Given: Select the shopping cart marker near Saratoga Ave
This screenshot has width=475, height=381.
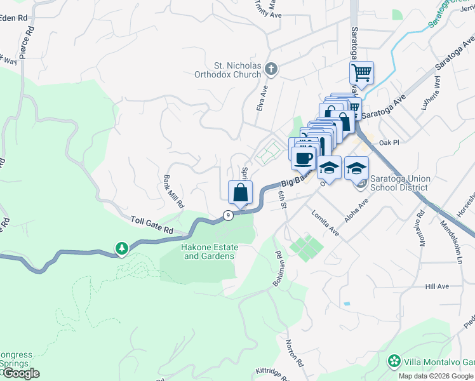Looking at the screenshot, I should click(x=361, y=73).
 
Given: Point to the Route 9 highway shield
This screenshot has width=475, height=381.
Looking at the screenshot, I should click(x=228, y=215).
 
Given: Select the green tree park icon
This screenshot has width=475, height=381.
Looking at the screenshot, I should click(x=121, y=248).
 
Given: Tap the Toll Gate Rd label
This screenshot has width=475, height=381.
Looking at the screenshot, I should click(x=152, y=224).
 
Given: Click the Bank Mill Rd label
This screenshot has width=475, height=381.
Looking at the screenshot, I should click(x=173, y=192).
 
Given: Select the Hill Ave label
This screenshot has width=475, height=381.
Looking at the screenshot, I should click(x=437, y=286).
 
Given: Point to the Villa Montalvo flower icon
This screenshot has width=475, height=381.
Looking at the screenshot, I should click(x=394, y=362).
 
